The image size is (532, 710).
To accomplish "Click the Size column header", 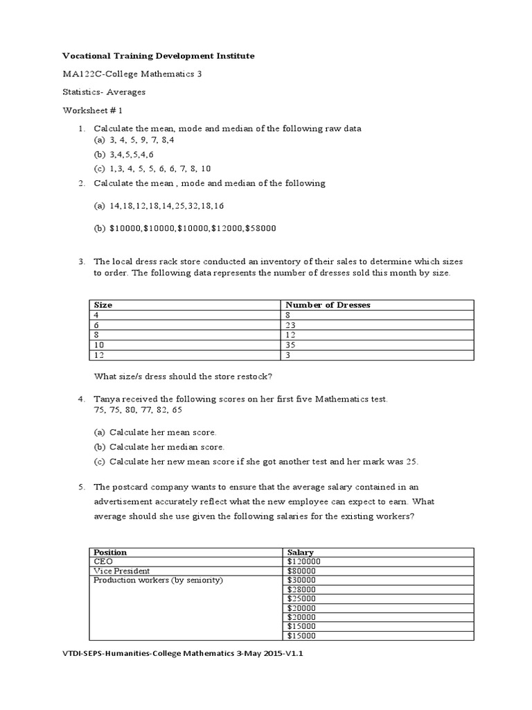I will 103,304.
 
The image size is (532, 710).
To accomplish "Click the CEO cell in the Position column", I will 102,561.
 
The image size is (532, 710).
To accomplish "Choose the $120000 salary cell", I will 303,561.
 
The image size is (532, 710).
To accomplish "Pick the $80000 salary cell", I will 301,570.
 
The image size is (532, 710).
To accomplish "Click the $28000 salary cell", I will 301,589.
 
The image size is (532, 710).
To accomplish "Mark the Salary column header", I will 301,552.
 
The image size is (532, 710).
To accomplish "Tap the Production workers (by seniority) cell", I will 158,580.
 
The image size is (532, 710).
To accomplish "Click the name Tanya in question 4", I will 106,399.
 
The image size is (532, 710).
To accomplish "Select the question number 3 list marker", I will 81,261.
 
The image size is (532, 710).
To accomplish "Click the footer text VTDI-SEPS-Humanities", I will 103,661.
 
